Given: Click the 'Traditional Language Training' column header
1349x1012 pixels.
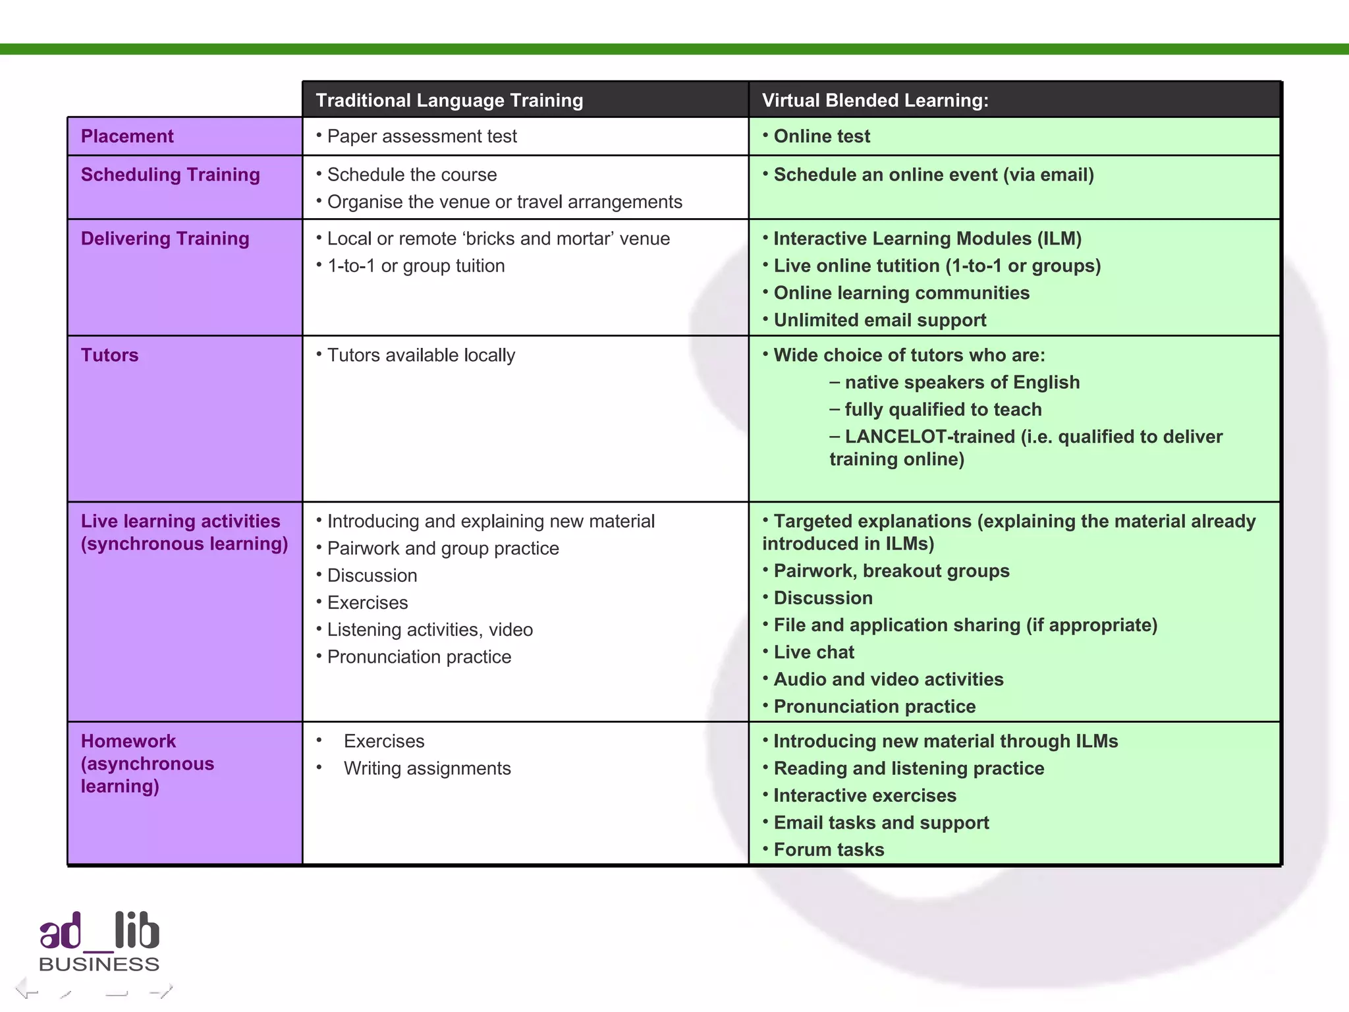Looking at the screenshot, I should [449, 100].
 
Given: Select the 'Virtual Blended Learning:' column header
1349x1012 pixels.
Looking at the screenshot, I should [875, 100].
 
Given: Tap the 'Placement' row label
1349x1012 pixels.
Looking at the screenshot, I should [127, 136].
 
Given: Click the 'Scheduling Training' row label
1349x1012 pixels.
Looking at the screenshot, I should [170, 175].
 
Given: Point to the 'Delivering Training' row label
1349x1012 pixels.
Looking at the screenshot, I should [165, 239].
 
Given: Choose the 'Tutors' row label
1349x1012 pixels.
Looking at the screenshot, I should [109, 355].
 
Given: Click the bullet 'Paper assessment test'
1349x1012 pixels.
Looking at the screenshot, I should [422, 136].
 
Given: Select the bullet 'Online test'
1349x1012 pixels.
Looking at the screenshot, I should [821, 136].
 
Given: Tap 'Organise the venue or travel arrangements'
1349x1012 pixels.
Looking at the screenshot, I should [504, 202].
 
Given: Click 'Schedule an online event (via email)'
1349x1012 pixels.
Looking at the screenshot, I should [933, 175].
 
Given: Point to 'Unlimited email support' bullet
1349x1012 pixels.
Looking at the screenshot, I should [879, 320].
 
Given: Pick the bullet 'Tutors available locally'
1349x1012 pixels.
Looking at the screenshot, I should [421, 355].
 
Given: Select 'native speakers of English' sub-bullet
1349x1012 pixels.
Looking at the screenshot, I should [962, 382].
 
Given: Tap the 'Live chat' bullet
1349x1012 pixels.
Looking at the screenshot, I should [813, 652].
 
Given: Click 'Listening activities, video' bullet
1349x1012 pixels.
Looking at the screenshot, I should [429, 630].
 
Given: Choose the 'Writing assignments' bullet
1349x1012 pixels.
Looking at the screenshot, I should [427, 768].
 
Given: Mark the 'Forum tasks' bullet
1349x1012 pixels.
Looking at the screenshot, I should [829, 850].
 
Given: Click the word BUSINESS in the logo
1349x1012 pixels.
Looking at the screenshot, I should [99, 965].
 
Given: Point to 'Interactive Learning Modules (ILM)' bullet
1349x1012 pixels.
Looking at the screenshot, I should [927, 239].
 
